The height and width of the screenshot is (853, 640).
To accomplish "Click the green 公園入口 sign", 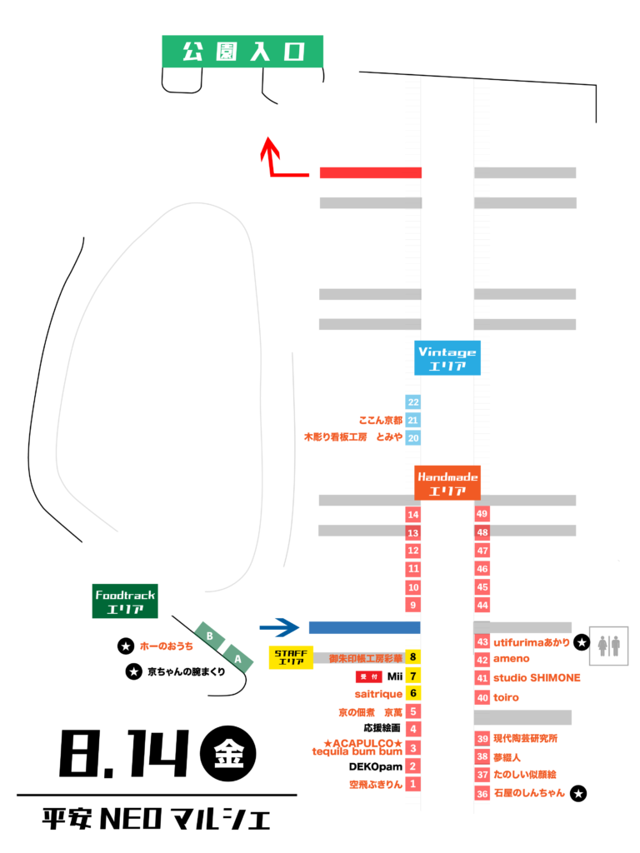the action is point(242,52).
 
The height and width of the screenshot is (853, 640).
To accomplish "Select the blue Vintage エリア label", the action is point(447,358).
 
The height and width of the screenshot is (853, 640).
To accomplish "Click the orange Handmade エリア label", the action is point(447,482).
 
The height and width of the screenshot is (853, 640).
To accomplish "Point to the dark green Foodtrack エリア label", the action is point(125,601).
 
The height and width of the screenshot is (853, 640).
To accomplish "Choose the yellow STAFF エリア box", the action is point(291,657).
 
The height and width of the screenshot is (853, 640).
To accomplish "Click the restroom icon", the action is point(609,646).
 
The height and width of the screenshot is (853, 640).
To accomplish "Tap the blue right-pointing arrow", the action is point(279,627).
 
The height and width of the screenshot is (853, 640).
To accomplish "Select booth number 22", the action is point(413,402).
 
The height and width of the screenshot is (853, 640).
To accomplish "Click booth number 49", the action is point(482,514).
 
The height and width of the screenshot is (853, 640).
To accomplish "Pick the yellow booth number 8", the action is point(413,657).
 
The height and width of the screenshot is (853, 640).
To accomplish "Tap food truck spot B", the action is point(209,636).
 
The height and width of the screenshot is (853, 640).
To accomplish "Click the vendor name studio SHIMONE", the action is point(537,678).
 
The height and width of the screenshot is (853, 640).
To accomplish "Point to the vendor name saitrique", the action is point(378,694).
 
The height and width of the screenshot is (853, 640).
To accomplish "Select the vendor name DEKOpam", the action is point(376,767).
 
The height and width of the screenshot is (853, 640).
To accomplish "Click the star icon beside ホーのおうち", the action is point(126,646).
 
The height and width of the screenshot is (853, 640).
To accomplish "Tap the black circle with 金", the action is point(228,753).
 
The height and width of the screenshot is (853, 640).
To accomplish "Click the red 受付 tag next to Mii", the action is point(369,676).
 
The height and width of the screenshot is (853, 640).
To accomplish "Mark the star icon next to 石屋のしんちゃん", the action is point(578,794).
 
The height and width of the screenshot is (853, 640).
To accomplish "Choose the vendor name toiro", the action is point(506,697).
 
